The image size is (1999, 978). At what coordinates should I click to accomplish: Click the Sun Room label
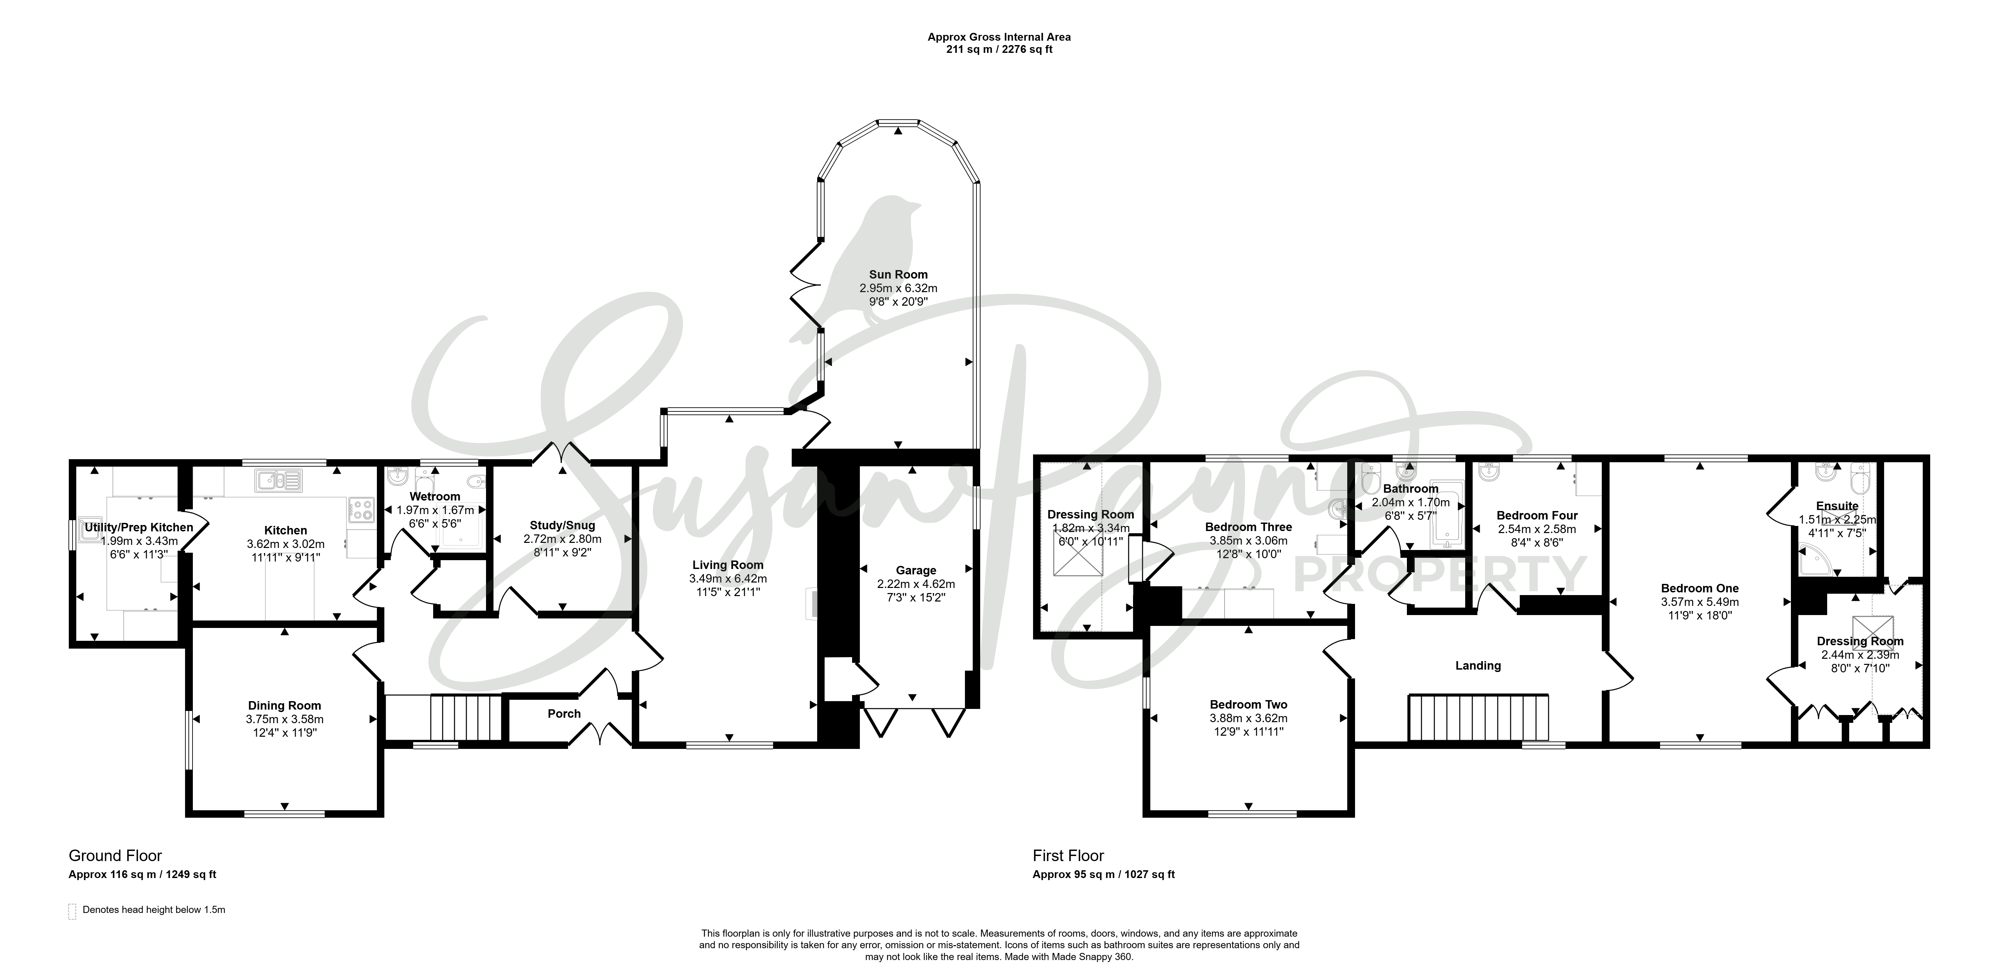(898, 274)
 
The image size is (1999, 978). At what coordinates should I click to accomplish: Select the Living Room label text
(728, 565)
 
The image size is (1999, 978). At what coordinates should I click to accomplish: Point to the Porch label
(564, 713)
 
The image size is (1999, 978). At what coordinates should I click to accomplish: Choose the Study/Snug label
(563, 526)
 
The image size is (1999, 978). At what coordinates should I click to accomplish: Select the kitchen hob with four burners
(362, 509)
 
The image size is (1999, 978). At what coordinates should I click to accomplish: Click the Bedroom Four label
(1537, 515)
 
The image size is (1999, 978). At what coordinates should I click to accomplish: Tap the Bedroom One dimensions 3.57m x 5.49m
(1699, 602)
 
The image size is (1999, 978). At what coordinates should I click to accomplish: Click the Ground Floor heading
(116, 855)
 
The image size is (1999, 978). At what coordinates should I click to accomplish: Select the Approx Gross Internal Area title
(999, 37)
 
